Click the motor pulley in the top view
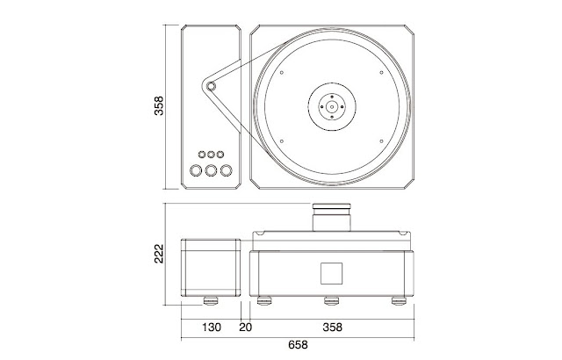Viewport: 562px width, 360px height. (x=210, y=86)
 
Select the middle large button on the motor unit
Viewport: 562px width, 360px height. (x=211, y=170)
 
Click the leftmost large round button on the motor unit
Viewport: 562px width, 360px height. (x=195, y=170)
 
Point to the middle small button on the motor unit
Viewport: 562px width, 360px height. (x=211, y=154)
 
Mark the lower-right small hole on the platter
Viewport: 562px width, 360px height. (x=382, y=140)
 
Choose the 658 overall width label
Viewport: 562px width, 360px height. (x=299, y=345)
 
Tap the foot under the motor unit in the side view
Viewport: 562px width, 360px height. (x=211, y=303)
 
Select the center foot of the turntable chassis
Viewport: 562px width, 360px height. (x=331, y=303)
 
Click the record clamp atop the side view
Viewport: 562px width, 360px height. (x=331, y=215)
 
